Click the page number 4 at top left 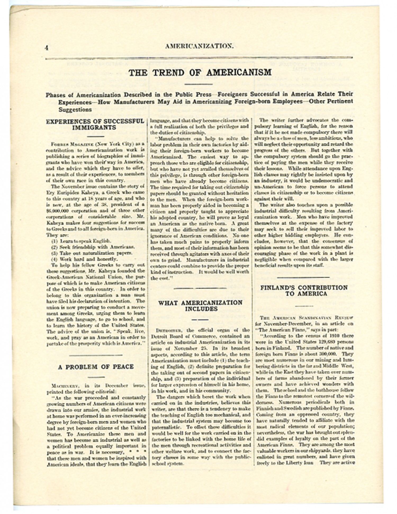point(47,48)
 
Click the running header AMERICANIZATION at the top point(199,46)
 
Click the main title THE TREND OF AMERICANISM point(200,72)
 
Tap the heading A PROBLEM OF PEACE point(96,367)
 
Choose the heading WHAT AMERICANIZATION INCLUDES point(200,306)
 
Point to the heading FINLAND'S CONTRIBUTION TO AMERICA point(304,290)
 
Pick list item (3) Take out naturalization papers point(91,253)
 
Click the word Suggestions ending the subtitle point(75,110)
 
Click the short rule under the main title point(198,84)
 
